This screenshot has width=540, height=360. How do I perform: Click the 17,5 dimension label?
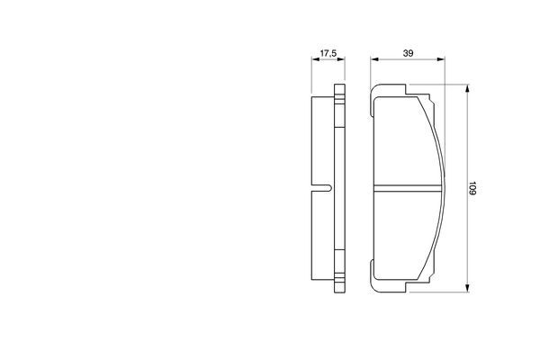coord(328,53)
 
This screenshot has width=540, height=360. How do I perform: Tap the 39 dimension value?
coord(408,53)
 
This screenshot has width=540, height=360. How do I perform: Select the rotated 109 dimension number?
coord(472,188)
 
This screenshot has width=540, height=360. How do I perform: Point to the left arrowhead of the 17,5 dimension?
coord(316,59)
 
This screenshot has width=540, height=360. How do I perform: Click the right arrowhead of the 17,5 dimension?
coord(341,59)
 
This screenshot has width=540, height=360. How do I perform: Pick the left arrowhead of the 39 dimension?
coord(374,59)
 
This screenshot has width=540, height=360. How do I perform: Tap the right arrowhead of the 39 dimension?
coord(441,59)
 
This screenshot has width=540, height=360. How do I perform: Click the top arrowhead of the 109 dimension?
coord(467,88)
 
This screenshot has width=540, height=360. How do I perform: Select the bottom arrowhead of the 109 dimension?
coord(467,288)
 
